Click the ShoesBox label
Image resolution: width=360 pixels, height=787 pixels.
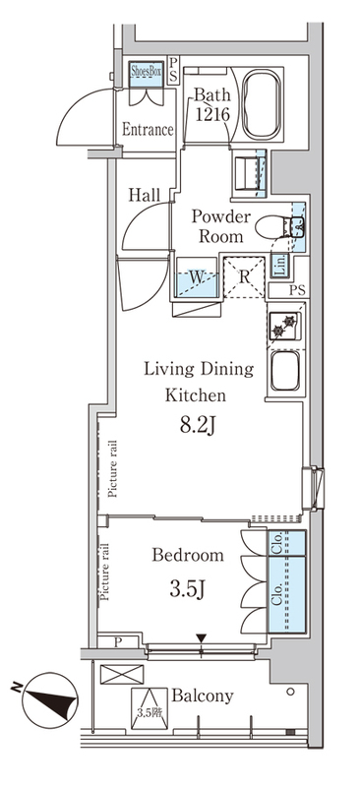click(x=147, y=71)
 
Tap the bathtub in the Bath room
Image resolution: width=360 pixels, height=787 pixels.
click(x=261, y=104)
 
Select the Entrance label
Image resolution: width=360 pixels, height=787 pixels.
click(x=148, y=130)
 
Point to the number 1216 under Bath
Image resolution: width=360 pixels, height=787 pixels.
click(x=212, y=115)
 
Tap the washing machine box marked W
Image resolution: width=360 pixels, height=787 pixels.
click(x=197, y=277)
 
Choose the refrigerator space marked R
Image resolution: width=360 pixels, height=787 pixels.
click(x=244, y=277)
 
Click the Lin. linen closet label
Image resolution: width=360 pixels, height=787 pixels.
click(x=278, y=266)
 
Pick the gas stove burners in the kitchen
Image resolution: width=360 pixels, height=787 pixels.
click(x=284, y=326)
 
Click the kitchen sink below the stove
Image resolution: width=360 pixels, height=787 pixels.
click(x=285, y=371)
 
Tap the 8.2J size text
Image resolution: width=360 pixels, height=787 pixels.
click(x=198, y=426)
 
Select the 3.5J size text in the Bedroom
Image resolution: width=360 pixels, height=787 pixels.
click(x=188, y=588)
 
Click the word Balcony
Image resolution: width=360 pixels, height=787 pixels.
click(x=203, y=696)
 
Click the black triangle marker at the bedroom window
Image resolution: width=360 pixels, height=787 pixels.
click(x=202, y=638)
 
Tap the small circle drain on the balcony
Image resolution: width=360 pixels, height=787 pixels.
click(x=291, y=693)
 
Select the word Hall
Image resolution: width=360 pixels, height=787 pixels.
click(x=145, y=195)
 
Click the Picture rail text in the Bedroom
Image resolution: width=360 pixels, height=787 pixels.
click(x=105, y=573)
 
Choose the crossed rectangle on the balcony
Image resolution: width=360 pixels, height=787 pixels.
click(x=122, y=674)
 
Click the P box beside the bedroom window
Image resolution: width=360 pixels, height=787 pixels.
click(x=117, y=642)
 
